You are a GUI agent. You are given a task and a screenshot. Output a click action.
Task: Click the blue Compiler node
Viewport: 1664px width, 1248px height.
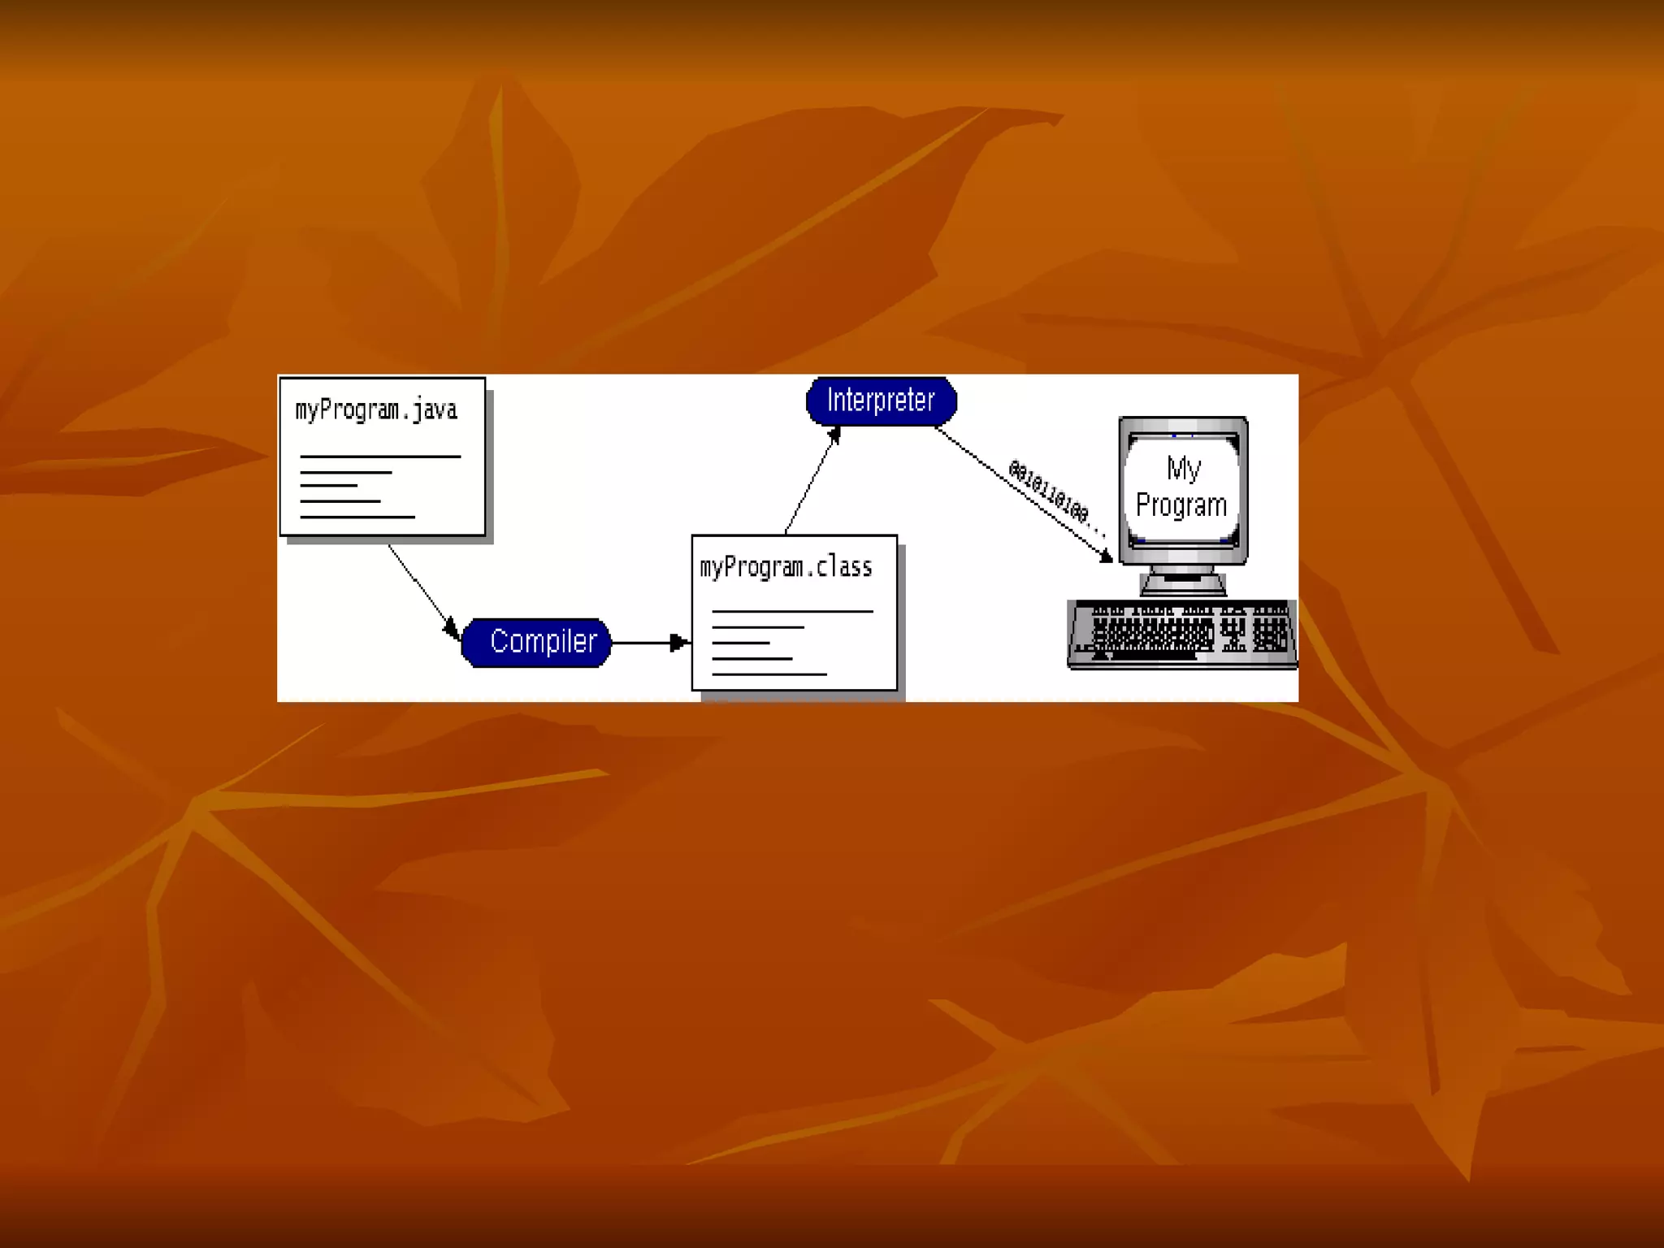click(536, 642)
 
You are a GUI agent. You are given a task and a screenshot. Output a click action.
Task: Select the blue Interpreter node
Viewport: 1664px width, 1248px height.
click(881, 401)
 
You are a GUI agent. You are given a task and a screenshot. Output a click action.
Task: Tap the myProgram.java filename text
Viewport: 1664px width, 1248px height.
click(376, 409)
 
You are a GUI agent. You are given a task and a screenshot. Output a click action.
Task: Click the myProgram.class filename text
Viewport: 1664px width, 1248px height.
click(786, 567)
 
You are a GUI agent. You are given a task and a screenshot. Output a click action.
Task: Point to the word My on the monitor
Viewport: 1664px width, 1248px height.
click(1183, 469)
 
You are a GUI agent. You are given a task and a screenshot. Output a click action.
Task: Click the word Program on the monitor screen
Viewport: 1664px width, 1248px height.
click(1181, 505)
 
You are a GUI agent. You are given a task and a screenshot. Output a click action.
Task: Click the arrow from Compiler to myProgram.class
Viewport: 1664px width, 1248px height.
click(646, 643)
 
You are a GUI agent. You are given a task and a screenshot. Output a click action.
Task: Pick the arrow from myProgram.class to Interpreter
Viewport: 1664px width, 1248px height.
click(811, 483)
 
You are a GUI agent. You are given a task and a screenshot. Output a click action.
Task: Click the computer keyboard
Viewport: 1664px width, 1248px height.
click(1182, 634)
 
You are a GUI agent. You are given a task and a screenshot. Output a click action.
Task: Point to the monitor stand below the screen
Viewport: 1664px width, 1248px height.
click(1182, 582)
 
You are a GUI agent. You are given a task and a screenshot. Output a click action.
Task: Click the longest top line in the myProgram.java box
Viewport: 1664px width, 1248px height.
click(380, 457)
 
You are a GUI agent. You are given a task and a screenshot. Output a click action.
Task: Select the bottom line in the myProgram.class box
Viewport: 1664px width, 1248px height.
click(769, 674)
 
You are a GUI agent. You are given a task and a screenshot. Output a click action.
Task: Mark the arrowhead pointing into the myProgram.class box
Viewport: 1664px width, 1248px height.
click(678, 643)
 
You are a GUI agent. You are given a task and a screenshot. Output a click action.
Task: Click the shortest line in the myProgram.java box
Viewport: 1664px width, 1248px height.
click(328, 486)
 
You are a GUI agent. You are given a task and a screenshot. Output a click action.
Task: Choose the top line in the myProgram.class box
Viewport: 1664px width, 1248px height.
click(792, 611)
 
